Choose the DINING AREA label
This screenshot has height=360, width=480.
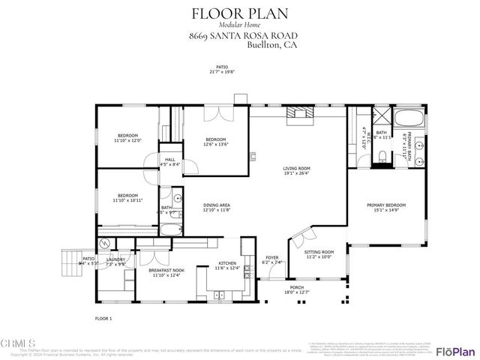216,205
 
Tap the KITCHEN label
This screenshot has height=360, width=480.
227,263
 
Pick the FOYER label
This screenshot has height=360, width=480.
271,257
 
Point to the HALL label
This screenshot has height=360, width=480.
170,160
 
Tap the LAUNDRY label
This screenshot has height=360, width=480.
115,259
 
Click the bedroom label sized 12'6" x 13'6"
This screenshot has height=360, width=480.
216,139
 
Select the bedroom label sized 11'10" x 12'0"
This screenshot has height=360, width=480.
127,136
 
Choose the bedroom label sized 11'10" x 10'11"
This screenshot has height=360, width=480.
127,196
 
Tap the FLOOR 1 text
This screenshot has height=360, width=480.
103,319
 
